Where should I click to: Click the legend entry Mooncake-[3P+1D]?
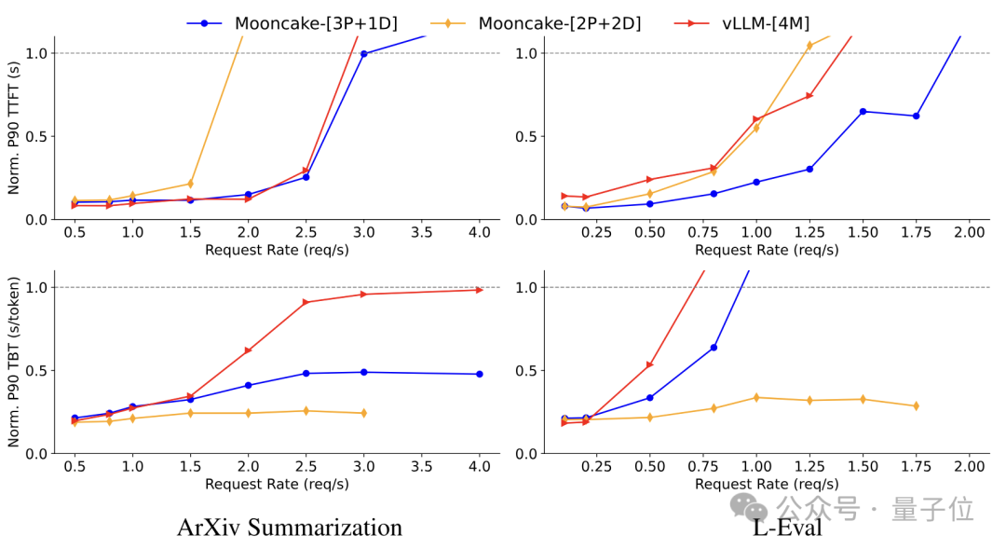pyautogui.click(x=292, y=23)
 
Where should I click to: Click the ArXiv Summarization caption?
pyautogui.click(x=290, y=528)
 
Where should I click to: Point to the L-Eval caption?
pyautogui.click(x=787, y=528)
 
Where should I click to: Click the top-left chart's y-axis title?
pyautogui.click(x=14, y=128)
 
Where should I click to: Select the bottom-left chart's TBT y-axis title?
pyautogui.click(x=14, y=362)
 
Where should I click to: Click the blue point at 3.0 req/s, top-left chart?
pyautogui.click(x=363, y=54)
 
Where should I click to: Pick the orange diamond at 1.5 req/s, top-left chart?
pyautogui.click(x=190, y=184)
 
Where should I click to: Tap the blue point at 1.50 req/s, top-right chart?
pyautogui.click(x=863, y=112)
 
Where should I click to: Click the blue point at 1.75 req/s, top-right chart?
pyautogui.click(x=916, y=117)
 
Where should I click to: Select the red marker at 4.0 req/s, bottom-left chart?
pyautogui.click(x=480, y=290)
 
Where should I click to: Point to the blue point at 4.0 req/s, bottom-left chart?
pyautogui.click(x=479, y=374)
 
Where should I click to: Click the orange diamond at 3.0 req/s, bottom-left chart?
pyautogui.click(x=363, y=413)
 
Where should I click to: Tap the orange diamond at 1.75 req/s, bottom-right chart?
pyautogui.click(x=916, y=406)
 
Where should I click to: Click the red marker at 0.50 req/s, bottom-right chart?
pyautogui.click(x=650, y=364)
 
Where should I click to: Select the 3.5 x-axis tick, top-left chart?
pyautogui.click(x=421, y=232)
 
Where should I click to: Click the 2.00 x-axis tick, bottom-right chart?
pyautogui.click(x=969, y=466)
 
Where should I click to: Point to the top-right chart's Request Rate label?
pyautogui.click(x=767, y=250)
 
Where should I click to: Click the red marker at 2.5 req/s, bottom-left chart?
pyautogui.click(x=306, y=302)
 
